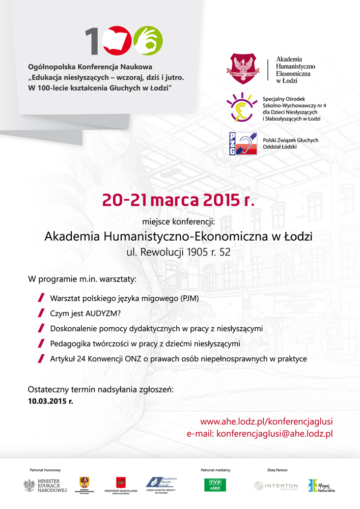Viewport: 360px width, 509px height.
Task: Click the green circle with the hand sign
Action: (x=148, y=41)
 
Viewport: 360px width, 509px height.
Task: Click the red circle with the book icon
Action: (x=118, y=41)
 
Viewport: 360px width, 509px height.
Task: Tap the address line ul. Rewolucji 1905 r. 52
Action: (x=178, y=251)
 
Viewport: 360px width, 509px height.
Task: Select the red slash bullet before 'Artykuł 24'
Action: (x=41, y=359)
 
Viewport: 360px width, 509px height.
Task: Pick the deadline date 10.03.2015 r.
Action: (x=51, y=401)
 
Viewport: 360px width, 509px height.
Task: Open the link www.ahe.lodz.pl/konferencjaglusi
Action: (x=266, y=421)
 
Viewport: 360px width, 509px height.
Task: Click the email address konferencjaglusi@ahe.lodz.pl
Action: (x=274, y=434)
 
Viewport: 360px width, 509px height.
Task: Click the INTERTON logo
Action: (x=276, y=486)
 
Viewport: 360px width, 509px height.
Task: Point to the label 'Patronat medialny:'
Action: (x=216, y=471)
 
